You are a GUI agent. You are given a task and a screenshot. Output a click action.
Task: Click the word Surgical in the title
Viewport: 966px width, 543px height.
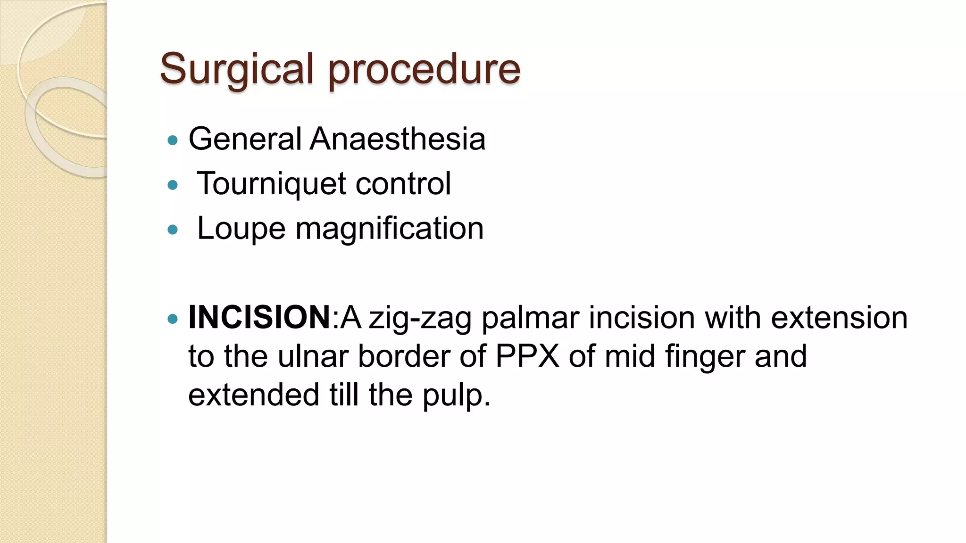[x=236, y=69]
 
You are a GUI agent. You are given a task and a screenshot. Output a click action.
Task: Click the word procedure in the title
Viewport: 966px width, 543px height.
[x=425, y=69]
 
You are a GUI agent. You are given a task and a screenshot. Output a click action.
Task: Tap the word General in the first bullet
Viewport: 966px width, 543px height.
[x=245, y=139]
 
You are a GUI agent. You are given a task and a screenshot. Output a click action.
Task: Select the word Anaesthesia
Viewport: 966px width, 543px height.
[x=397, y=139]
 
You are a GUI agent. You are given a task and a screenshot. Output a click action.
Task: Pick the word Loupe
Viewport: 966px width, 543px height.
[x=241, y=229]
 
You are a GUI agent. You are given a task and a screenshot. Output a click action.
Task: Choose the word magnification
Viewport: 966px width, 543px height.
[x=390, y=229]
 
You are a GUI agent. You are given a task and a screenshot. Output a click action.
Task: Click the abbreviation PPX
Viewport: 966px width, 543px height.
[x=527, y=356]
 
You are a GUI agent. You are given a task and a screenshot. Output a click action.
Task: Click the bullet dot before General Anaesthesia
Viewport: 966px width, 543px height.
[x=173, y=140]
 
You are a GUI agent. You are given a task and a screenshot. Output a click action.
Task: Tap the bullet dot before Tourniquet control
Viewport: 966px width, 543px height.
[x=173, y=185]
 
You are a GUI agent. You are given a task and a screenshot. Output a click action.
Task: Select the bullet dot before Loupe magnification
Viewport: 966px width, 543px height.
[x=173, y=230]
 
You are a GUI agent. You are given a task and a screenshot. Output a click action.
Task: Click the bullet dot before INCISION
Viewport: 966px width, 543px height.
[x=173, y=319]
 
